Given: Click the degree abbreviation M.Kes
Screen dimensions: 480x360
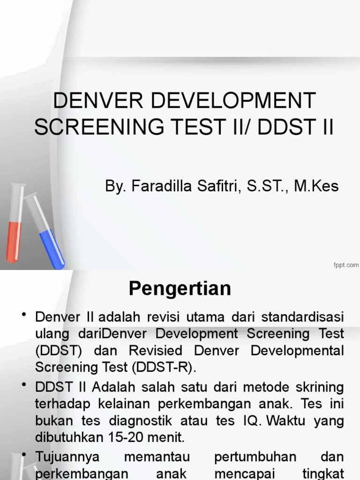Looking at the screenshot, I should (316, 186).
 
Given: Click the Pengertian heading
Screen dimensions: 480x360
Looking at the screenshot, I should (180, 289).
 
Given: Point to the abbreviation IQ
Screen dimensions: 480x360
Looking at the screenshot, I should (250, 420).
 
